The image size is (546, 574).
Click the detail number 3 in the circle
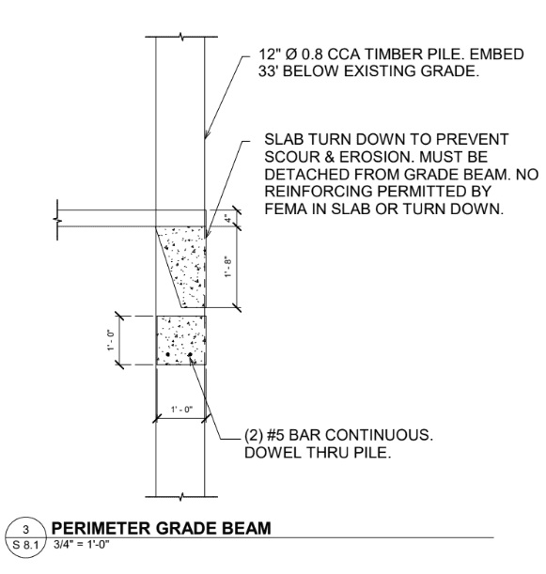click(25, 529)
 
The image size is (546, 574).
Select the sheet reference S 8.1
click(25, 545)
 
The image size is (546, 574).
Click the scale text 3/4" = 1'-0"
click(82, 544)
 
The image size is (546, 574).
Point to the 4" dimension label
click(228, 219)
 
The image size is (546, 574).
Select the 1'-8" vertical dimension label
click(228, 266)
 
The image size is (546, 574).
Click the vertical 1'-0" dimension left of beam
click(111, 340)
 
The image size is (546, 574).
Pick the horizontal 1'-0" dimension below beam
click(181, 409)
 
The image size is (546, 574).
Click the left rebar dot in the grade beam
click(168, 354)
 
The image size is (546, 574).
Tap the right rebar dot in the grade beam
click(190, 354)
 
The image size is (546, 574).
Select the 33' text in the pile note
click(267, 71)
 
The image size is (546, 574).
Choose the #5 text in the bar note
click(275, 435)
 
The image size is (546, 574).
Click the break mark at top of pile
click(181, 37)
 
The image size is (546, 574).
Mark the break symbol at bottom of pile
click(181, 497)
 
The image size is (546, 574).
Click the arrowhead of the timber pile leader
click(207, 134)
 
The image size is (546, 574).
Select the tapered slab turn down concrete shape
click(187, 266)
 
